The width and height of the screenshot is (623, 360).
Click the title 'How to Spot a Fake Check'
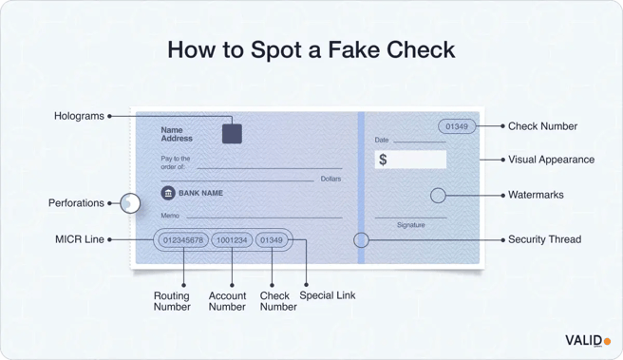click(311, 49)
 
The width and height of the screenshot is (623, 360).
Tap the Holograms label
click(79, 116)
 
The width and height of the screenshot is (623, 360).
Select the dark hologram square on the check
click(232, 133)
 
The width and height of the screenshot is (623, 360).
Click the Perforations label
click(76, 203)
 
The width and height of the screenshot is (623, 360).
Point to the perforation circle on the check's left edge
click(131, 202)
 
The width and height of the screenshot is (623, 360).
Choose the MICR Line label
click(80, 239)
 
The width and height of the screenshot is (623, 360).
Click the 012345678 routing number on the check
click(183, 240)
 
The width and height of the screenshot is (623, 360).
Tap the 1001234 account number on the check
click(232, 240)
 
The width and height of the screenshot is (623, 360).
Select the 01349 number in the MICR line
click(272, 240)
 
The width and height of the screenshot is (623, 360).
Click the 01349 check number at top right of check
click(457, 126)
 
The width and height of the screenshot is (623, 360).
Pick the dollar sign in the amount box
click(383, 160)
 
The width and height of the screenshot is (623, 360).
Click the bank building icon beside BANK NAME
click(168, 193)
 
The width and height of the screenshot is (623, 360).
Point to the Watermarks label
click(536, 195)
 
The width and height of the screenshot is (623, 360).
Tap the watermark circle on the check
click(438, 195)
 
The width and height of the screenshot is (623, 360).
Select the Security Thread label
click(544, 239)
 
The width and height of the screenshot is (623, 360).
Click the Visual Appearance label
click(551, 160)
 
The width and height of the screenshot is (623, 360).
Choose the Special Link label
click(328, 295)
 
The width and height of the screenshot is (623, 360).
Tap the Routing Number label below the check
click(172, 301)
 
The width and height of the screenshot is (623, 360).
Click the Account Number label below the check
click(227, 301)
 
